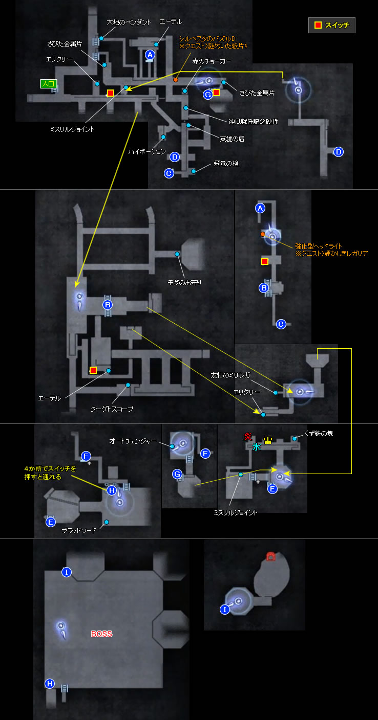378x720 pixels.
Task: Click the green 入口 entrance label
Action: point(49,84)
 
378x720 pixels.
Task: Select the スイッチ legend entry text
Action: point(337,25)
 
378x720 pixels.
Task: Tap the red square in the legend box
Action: point(318,25)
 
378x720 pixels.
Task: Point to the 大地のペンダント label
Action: point(129,22)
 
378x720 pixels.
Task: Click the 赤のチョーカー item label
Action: point(212,61)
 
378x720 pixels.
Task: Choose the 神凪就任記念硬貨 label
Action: point(253,122)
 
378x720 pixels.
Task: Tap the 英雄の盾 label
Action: point(232,139)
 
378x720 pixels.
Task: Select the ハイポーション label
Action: point(147,152)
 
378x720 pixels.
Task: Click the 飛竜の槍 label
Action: point(226,164)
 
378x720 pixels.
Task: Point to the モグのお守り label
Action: point(184,283)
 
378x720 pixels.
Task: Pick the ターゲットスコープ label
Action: point(112,409)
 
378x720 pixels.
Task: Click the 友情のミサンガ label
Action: point(230,375)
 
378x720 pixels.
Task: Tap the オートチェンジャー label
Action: point(133,441)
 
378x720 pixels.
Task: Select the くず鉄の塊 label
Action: point(319,433)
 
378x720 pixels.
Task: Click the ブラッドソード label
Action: point(79,531)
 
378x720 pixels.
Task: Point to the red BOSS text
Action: point(102,634)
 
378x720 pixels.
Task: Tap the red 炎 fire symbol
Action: point(248,437)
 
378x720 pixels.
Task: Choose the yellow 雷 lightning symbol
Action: point(268,440)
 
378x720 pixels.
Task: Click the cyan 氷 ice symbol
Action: point(257,447)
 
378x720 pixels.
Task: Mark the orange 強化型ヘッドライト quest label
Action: point(319,246)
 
